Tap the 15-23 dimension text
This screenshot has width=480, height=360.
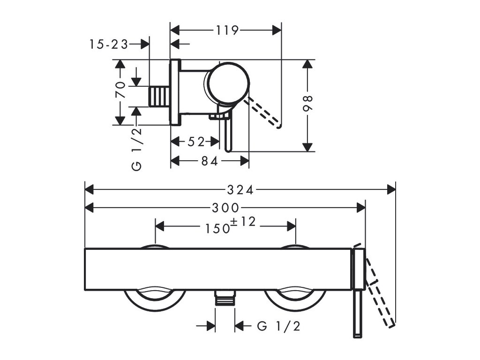point(108,45)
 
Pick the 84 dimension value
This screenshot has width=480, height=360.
point(210,161)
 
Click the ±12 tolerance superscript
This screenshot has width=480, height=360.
point(243,222)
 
